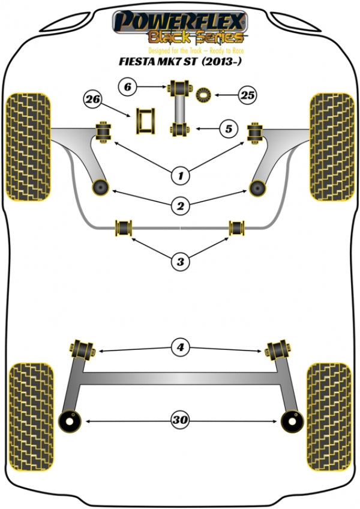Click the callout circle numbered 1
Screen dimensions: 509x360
(x=180, y=176)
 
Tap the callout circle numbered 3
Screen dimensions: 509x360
(x=180, y=261)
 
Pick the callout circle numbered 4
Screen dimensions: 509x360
(x=180, y=347)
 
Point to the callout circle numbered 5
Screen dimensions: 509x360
(x=227, y=128)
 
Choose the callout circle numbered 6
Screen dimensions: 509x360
(x=127, y=88)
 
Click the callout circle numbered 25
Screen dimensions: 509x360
(x=247, y=94)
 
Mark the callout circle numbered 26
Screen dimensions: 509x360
(x=92, y=99)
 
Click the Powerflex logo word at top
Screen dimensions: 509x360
(x=180, y=22)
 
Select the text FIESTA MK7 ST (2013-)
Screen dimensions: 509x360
(x=180, y=60)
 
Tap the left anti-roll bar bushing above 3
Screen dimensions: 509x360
(x=125, y=227)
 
